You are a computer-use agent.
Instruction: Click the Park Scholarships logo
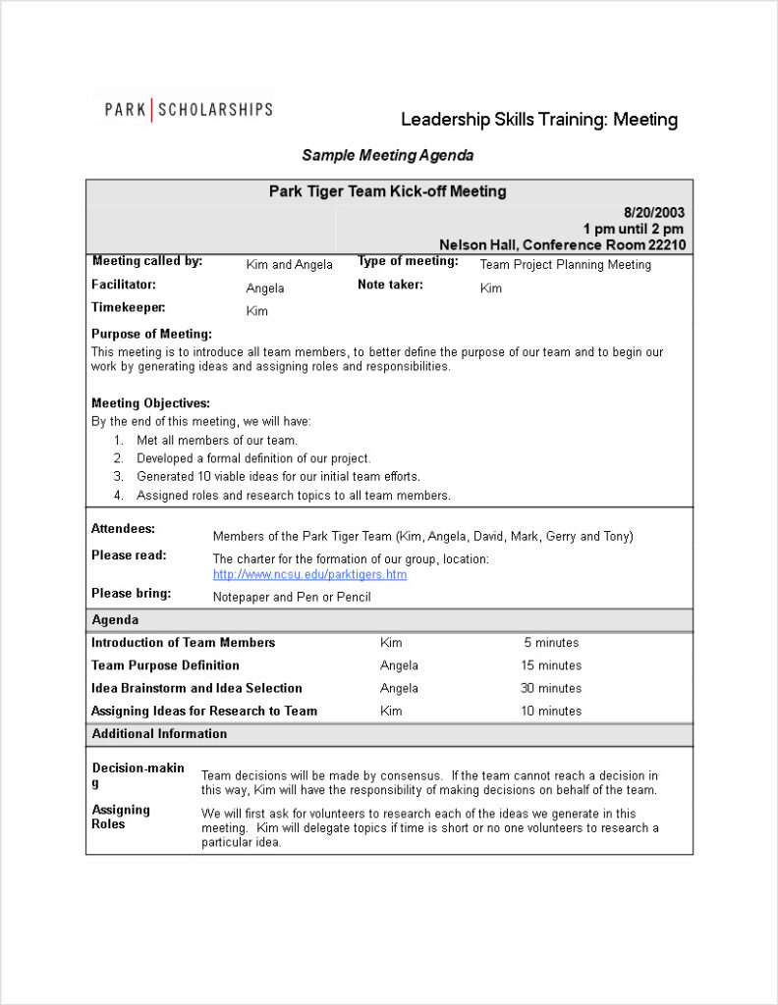tap(189, 109)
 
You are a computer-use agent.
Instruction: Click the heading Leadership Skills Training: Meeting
tap(538, 120)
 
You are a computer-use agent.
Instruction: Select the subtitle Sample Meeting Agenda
tap(387, 155)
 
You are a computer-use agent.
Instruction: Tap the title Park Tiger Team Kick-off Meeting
tap(387, 191)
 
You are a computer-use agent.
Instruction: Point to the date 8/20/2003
tap(654, 212)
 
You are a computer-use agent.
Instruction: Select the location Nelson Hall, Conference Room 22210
tap(562, 245)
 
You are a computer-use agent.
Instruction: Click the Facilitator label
tap(124, 285)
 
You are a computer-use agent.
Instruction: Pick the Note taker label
tap(390, 285)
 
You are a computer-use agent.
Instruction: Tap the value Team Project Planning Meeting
tap(565, 264)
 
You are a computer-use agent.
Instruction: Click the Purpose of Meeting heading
tap(151, 334)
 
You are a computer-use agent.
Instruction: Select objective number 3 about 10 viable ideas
tap(278, 477)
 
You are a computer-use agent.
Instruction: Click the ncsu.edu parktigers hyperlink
tap(309, 574)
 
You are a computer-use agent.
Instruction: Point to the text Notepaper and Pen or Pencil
tap(292, 597)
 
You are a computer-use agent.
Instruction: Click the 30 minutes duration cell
tap(550, 688)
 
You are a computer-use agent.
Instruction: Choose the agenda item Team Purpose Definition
tap(165, 665)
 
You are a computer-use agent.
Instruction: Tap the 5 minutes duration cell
tap(550, 643)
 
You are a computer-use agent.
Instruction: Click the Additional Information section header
tap(159, 734)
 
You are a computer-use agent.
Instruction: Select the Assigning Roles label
tap(121, 817)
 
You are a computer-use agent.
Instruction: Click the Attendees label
tap(123, 529)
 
